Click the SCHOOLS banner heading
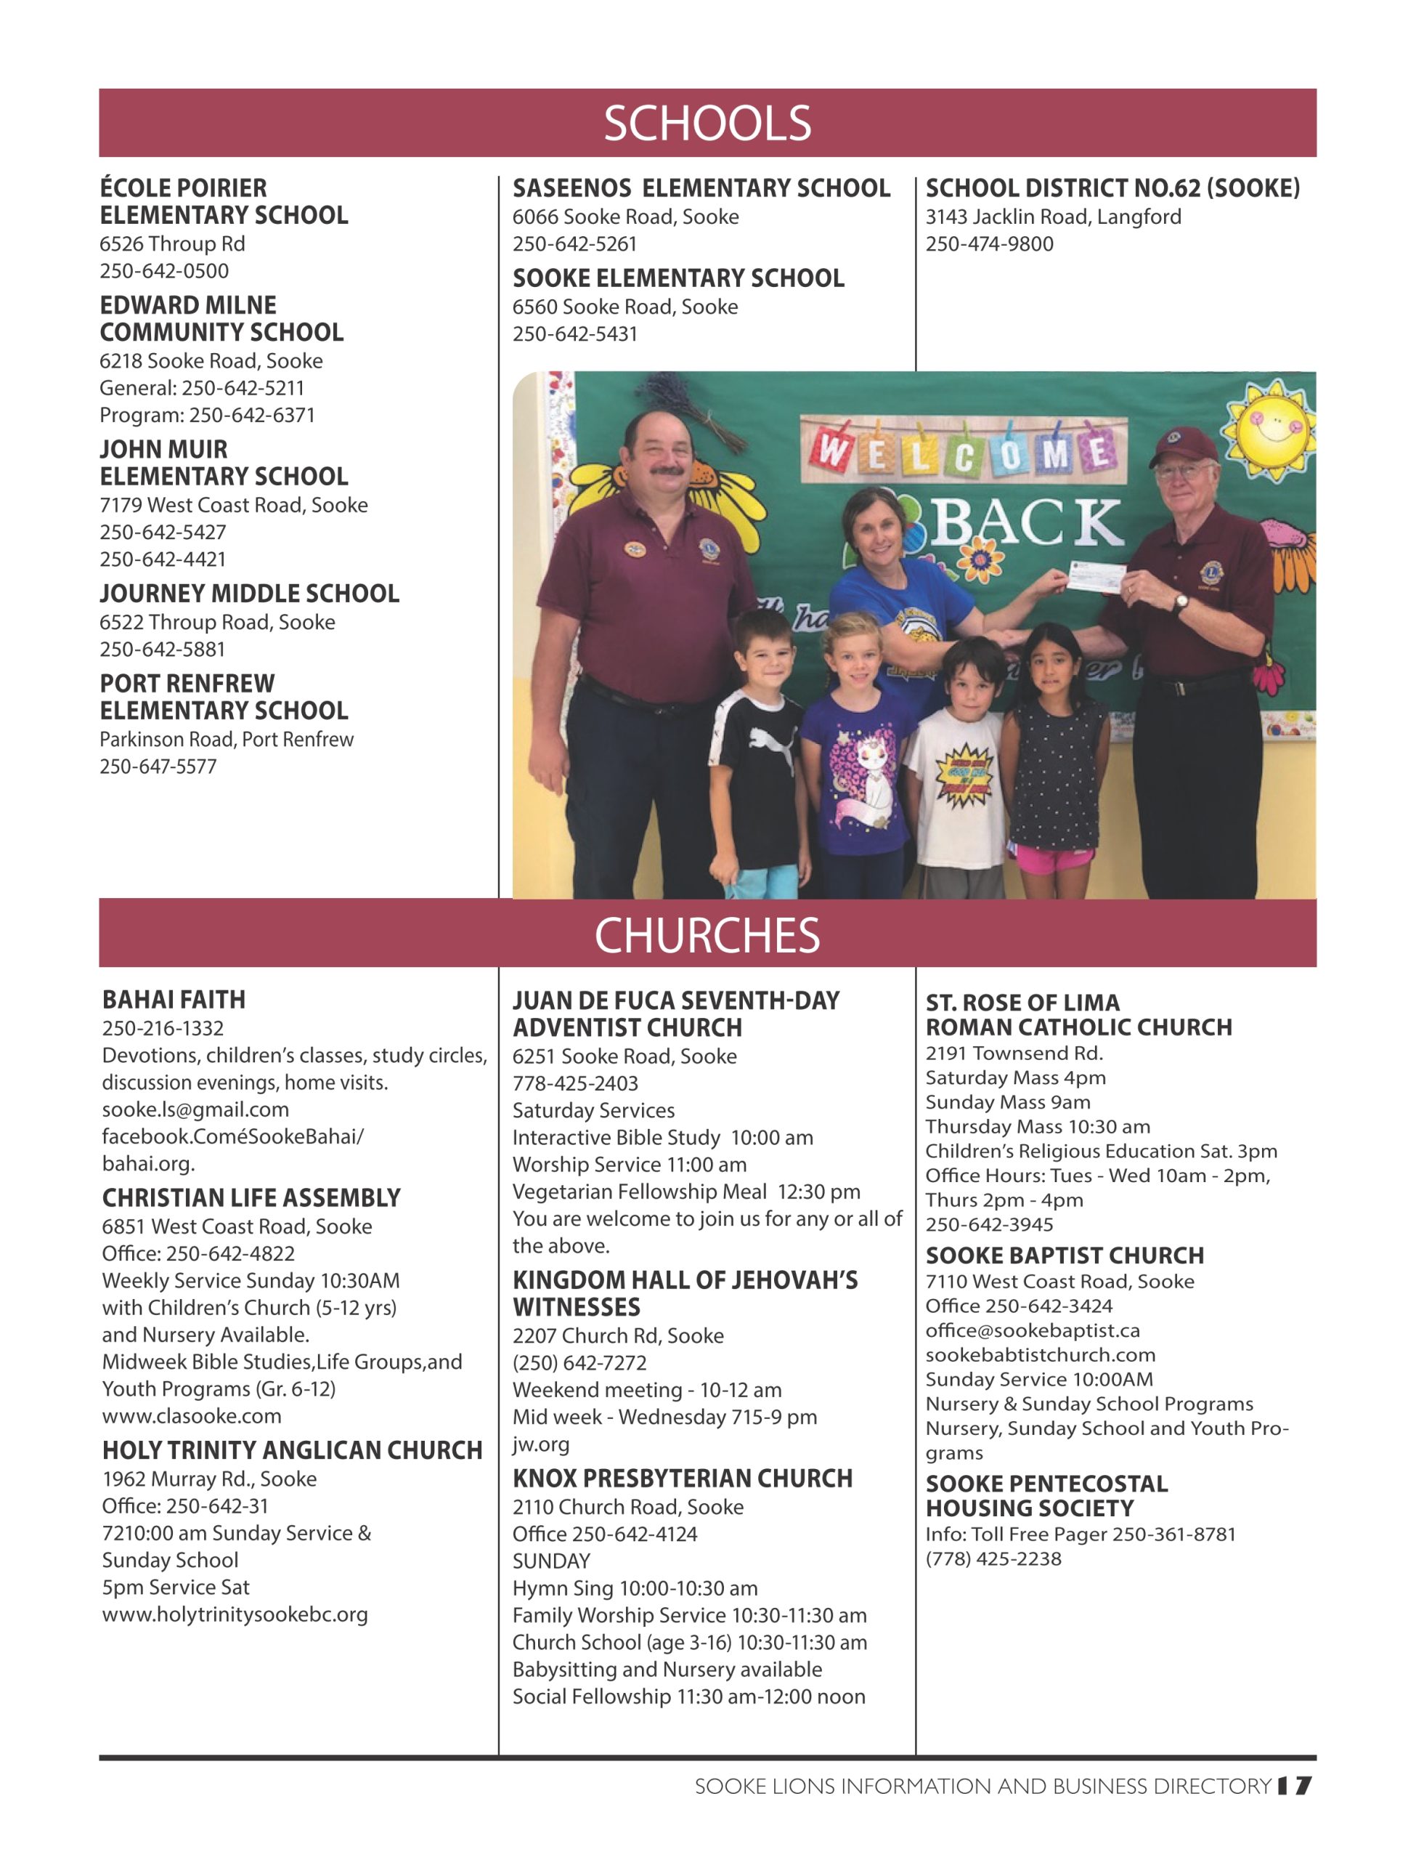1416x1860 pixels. click(707, 123)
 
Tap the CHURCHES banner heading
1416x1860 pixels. click(707, 935)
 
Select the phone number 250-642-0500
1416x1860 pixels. click(164, 271)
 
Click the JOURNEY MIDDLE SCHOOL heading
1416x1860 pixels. click(250, 594)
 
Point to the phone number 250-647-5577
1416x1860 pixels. click(158, 767)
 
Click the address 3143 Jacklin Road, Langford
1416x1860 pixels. click(1054, 217)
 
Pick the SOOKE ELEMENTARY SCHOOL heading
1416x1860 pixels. click(678, 278)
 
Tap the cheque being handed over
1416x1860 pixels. click(1096, 578)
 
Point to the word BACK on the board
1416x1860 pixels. click(1027, 522)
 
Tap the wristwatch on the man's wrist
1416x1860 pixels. click(1181, 602)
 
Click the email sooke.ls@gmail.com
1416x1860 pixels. click(195, 1109)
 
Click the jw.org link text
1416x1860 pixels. click(541, 1444)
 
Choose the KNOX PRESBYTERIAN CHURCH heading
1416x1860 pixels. click(683, 1479)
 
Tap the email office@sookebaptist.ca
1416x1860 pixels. click(1033, 1330)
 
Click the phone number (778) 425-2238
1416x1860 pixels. click(993, 1558)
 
